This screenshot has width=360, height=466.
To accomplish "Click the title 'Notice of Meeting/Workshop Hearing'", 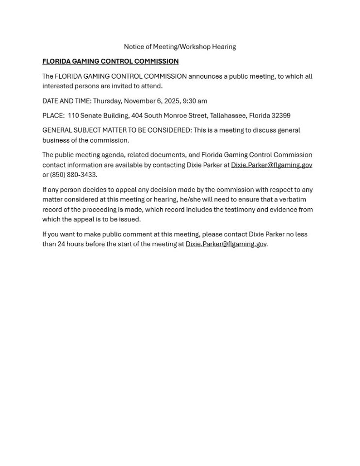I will click(x=180, y=47).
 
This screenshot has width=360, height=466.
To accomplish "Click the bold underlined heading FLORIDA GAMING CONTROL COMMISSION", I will click(x=110, y=61).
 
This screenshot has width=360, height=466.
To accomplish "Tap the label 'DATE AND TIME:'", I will click(x=66, y=101).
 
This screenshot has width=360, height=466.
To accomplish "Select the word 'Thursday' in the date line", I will click(x=107, y=101).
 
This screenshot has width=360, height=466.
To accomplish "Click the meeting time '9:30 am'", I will click(x=195, y=101).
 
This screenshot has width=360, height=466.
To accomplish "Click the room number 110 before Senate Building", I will click(x=73, y=116).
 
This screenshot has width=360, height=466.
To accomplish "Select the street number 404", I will click(x=136, y=116).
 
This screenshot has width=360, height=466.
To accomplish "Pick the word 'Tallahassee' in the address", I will click(x=228, y=116).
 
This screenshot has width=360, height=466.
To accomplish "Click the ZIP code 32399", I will click(x=281, y=116).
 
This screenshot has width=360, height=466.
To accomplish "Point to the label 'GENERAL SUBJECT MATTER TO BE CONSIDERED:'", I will click(x=116, y=130).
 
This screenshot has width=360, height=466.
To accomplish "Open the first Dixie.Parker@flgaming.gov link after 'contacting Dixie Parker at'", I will click(x=271, y=165).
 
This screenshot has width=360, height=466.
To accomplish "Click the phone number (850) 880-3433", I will click(x=73, y=175).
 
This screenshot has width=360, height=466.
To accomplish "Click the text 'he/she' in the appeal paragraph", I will click(x=191, y=200).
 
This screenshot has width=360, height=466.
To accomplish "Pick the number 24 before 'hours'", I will click(x=61, y=244).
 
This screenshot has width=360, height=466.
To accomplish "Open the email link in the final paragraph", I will click(x=226, y=244).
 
